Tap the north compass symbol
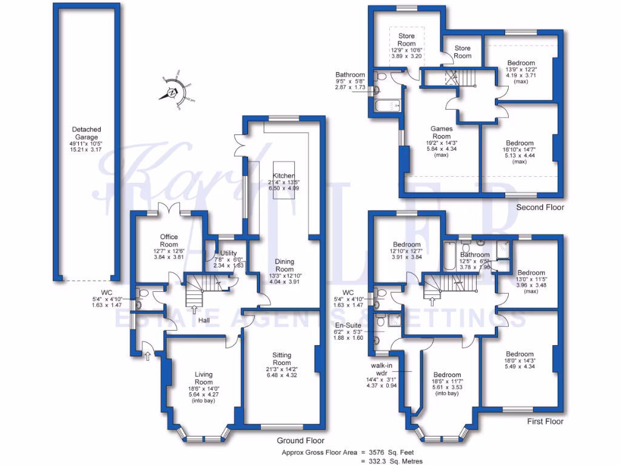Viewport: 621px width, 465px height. point(172,93)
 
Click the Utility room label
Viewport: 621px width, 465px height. point(229,254)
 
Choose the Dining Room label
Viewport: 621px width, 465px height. point(284,265)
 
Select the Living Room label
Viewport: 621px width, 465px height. point(204,378)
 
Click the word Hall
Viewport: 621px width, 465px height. point(203,320)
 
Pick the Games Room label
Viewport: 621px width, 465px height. point(441,132)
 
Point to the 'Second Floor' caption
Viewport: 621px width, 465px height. point(540,207)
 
